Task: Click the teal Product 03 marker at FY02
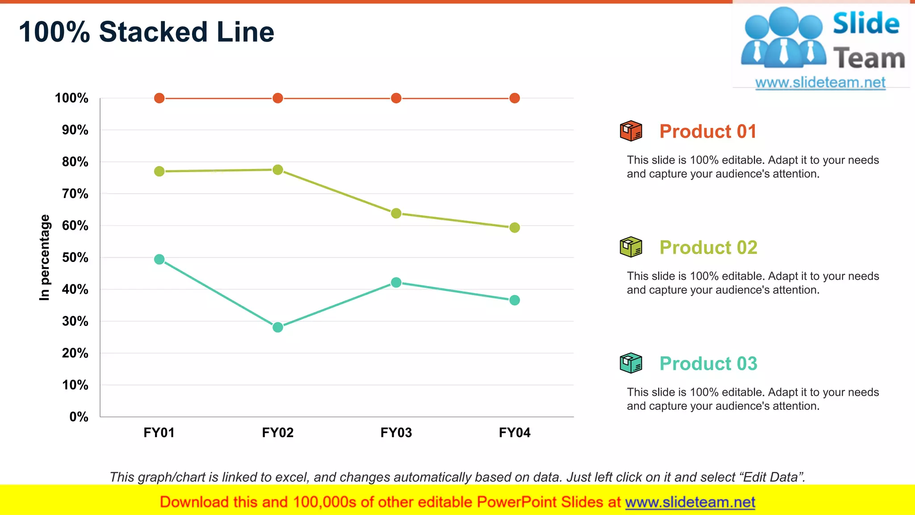[x=277, y=327]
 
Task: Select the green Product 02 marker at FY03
[x=396, y=213]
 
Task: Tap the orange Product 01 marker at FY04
[x=514, y=98]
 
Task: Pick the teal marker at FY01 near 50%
[x=159, y=259]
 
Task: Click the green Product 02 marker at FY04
[x=514, y=228]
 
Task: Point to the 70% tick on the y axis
[x=75, y=194]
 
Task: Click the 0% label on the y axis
[x=79, y=417]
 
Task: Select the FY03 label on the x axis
[x=396, y=432]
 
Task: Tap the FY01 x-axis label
[x=159, y=432]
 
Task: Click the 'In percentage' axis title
[x=44, y=257]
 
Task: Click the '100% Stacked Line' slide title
[x=146, y=32]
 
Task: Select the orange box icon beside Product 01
[x=630, y=131]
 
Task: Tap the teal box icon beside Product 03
[x=630, y=363]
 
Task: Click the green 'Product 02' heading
[x=708, y=247]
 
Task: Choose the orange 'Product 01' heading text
[x=708, y=131]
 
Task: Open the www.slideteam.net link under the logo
[x=820, y=82]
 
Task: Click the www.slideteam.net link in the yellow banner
[x=690, y=502]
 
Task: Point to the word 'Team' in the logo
[x=869, y=59]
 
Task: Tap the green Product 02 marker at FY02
[x=277, y=170]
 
